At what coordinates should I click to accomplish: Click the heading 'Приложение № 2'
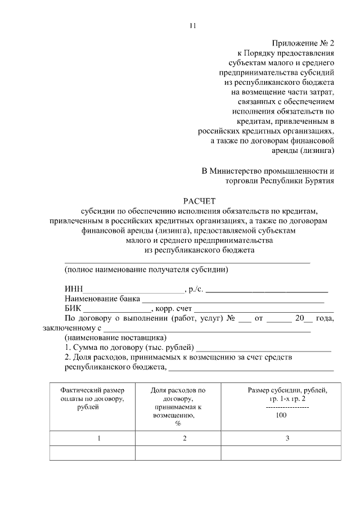303,43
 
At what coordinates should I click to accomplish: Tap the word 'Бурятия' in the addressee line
318,181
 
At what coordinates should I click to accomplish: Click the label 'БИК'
73,309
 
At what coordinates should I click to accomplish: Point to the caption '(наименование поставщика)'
115,338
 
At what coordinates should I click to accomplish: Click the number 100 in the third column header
282,415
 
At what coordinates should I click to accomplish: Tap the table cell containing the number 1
99,439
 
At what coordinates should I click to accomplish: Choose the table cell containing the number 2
184,439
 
